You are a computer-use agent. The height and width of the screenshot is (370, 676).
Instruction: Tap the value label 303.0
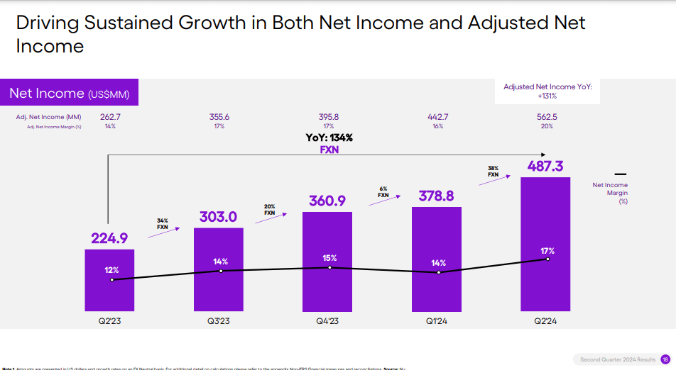(218, 217)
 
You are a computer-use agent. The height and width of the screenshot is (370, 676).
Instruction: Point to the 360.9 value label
(329, 201)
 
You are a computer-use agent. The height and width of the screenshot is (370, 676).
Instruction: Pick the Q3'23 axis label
(218, 321)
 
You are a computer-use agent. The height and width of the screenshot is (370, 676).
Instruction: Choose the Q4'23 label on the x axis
(327, 321)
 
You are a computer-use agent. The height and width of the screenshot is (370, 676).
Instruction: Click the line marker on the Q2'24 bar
(547, 259)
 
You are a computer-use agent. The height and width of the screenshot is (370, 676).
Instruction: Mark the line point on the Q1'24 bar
(438, 272)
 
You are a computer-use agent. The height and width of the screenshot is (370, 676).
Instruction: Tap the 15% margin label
(329, 257)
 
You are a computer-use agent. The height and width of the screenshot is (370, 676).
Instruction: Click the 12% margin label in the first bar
(111, 270)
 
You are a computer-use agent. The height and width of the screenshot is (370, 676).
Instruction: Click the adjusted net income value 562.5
(546, 117)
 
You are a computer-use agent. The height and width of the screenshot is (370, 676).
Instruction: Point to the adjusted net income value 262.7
(110, 117)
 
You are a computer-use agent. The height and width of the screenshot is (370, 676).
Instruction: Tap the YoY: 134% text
(329, 138)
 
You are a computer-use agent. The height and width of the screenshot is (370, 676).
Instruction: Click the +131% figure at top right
(547, 96)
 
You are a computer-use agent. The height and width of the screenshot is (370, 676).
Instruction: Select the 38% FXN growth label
(494, 171)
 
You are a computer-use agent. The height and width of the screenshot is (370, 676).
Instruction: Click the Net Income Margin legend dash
(620, 174)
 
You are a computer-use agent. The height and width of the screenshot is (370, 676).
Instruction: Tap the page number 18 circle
(665, 359)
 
